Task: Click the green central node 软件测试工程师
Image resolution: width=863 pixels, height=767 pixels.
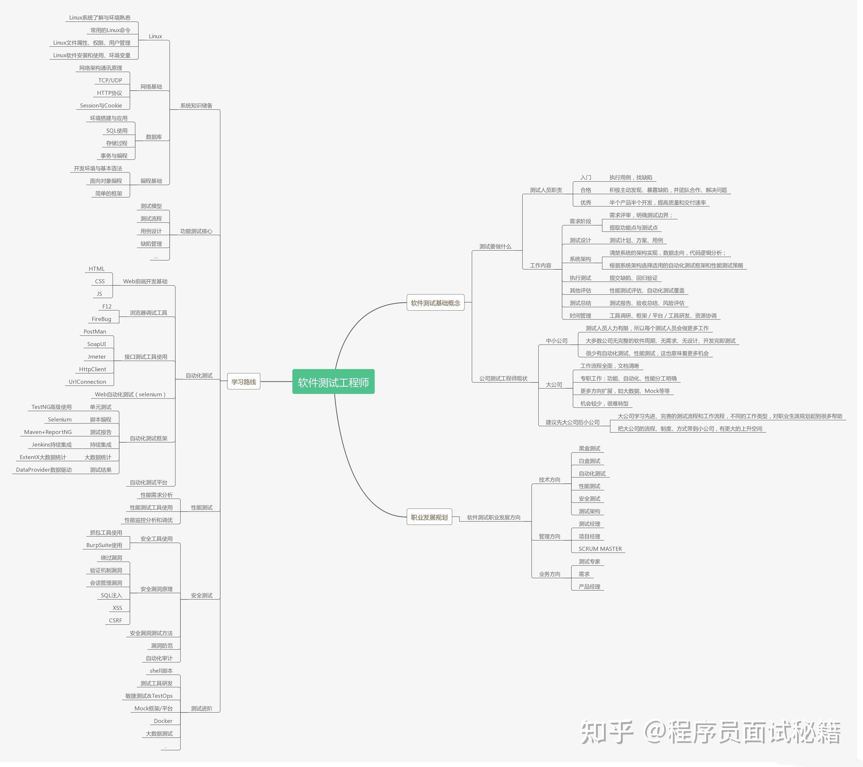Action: click(333, 382)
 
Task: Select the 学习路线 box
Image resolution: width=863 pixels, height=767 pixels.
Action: click(244, 382)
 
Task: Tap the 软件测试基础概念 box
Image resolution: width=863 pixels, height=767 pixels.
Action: click(435, 303)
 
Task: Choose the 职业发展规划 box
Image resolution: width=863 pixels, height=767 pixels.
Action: click(429, 517)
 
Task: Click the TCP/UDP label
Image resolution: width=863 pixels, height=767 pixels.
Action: click(110, 80)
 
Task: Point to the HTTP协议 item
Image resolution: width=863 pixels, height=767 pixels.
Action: click(109, 93)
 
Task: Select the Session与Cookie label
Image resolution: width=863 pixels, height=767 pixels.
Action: click(101, 106)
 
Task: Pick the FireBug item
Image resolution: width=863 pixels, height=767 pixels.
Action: click(101, 319)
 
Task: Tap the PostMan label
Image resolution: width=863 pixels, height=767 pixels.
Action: click(95, 332)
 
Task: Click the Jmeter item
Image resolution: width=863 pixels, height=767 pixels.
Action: click(97, 357)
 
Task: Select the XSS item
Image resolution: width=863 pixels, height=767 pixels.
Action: click(117, 608)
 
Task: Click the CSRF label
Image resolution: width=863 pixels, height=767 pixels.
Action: click(115, 621)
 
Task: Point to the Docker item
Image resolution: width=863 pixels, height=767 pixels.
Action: click(163, 721)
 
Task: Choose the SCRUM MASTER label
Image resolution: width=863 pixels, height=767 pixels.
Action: click(600, 549)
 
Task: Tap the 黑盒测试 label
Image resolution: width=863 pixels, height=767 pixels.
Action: click(589, 448)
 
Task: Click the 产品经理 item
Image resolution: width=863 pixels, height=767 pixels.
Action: click(589, 587)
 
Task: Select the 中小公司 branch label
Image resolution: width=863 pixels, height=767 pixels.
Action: click(556, 341)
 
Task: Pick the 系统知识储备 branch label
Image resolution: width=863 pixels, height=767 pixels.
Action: click(196, 106)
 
